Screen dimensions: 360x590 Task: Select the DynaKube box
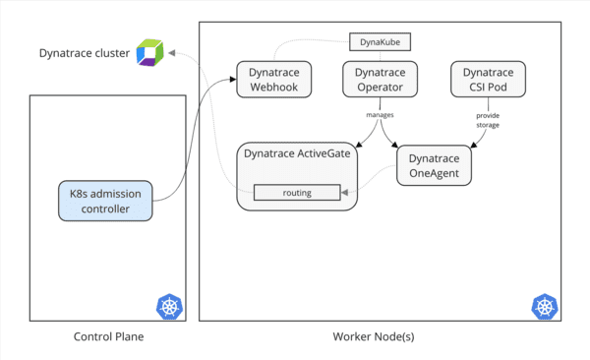click(380, 41)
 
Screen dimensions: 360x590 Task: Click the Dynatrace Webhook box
click(273, 80)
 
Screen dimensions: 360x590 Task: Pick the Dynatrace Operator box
click(380, 80)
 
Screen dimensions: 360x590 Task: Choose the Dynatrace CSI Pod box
click(487, 80)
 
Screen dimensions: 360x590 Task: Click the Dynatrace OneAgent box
click(435, 165)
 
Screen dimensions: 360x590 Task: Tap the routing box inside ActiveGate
click(297, 192)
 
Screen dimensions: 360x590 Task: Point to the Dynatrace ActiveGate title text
click(298, 154)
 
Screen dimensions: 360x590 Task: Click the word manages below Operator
click(380, 115)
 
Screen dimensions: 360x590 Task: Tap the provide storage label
click(488, 119)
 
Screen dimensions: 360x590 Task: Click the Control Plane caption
click(108, 337)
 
